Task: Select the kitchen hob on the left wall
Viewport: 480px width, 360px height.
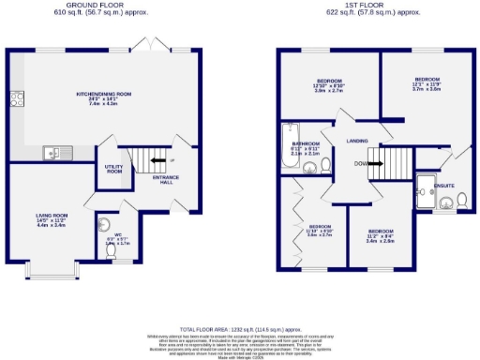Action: click(x=16, y=99)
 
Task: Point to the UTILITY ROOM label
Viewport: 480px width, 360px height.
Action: click(x=114, y=170)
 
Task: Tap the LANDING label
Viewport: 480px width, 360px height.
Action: click(x=357, y=142)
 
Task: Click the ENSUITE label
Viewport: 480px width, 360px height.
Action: click(x=444, y=186)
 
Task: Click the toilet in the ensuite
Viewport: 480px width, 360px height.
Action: click(x=461, y=199)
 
